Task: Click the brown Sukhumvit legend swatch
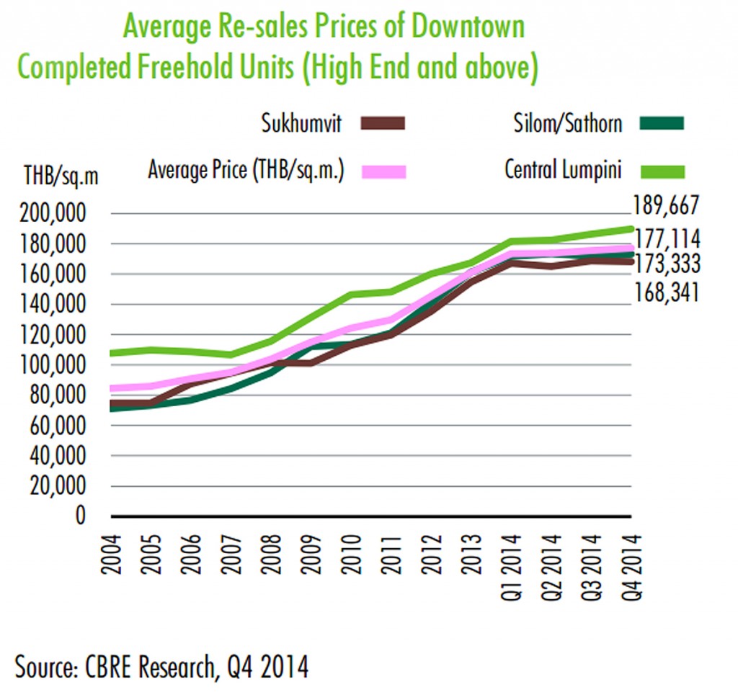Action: pos(383,122)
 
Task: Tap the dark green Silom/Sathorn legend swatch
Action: pos(661,122)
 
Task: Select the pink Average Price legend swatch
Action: pos(383,171)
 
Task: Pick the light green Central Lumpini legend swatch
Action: pos(661,171)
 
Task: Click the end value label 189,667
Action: pos(666,206)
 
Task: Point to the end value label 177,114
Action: pos(666,239)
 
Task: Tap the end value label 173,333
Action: pos(666,264)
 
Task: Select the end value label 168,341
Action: pos(666,292)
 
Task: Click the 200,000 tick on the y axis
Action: pos(55,215)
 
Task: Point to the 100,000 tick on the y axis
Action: pos(55,366)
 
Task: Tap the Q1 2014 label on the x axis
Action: pos(512,565)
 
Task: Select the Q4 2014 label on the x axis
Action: pos(632,565)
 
